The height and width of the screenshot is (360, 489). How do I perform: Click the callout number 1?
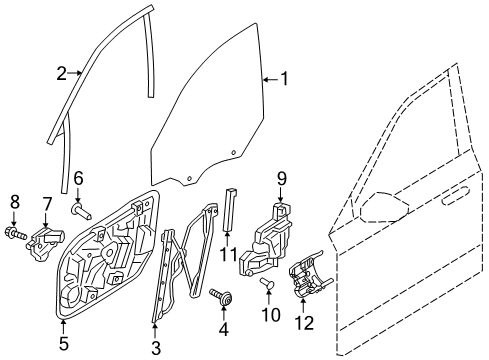(x=284, y=79)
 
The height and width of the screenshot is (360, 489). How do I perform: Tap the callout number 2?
(x=62, y=73)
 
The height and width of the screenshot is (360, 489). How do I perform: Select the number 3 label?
(x=156, y=347)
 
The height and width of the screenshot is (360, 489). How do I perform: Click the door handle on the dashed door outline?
(x=455, y=196)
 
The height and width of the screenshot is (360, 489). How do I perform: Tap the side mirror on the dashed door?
(x=383, y=207)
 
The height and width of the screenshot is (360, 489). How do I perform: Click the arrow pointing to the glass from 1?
(x=270, y=80)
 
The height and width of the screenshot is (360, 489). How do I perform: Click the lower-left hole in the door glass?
(x=189, y=178)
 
